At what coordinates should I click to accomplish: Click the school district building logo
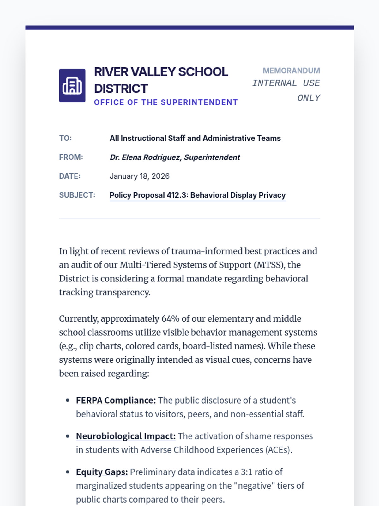tap(72, 85)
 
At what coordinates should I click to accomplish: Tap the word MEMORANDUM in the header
tap(291, 71)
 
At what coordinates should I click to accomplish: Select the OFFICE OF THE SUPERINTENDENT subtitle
tap(165, 102)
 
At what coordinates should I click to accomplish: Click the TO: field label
tap(65, 138)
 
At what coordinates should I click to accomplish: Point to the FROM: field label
tap(71, 157)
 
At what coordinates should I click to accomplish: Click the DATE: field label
tap(70, 176)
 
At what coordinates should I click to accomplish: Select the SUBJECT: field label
tap(77, 195)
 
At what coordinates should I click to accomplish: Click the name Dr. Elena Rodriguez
tap(145, 157)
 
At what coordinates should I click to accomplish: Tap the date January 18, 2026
tap(140, 176)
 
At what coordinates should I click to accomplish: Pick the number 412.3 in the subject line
tap(177, 195)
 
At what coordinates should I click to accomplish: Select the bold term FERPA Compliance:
tap(116, 400)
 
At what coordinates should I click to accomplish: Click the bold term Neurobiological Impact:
tap(126, 436)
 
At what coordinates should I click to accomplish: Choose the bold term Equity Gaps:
tap(102, 472)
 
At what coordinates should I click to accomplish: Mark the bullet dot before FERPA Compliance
tap(68, 400)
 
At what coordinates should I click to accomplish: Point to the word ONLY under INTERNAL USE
tap(309, 98)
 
